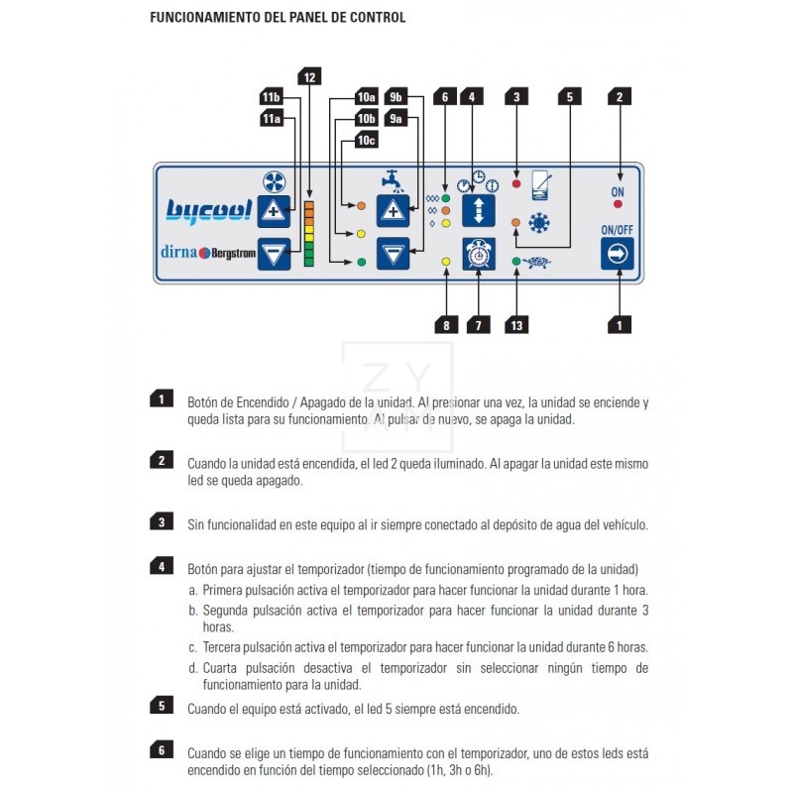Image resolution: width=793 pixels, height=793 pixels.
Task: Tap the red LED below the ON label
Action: coord(619,203)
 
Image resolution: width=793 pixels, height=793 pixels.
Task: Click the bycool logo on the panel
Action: coord(209,210)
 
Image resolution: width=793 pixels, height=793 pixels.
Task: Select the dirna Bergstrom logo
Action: coord(205,252)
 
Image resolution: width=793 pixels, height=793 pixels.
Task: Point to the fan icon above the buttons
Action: coord(274,181)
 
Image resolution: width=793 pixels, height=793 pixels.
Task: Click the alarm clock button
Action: coord(479,254)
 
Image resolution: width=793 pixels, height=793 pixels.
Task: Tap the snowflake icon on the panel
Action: coord(539,223)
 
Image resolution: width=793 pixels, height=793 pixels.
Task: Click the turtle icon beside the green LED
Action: coord(540,263)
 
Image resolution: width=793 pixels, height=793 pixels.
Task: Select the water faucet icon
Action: coord(393,181)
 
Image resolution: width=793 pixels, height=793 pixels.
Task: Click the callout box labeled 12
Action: coord(309,76)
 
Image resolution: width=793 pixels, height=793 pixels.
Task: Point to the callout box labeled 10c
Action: coord(367,141)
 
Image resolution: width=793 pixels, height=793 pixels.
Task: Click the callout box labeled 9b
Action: coord(396,97)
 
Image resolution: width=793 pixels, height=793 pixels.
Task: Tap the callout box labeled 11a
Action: coord(271,119)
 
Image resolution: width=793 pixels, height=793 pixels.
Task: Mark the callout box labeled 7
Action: coord(479,324)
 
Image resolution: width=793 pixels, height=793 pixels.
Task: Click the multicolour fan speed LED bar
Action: coord(309,233)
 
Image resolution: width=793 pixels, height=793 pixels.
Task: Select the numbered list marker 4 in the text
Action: coord(162,567)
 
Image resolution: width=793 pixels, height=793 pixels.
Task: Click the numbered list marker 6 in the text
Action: coord(162,749)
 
